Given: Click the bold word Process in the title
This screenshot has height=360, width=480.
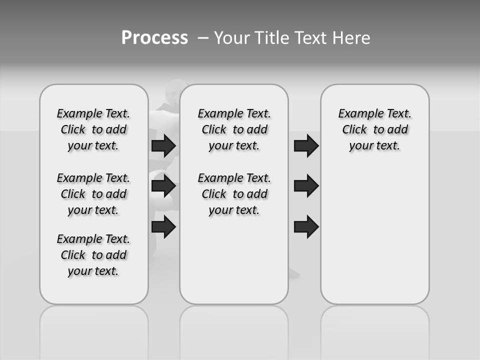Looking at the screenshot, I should (154, 38).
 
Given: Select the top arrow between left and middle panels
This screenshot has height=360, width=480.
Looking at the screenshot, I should (163, 145).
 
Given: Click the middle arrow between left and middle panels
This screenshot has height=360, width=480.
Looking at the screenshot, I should (163, 186).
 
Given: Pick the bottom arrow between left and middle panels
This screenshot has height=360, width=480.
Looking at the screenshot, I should (163, 227).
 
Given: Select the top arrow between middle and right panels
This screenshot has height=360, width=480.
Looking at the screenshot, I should (306, 145).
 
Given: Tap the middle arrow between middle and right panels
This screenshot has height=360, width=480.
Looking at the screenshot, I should (306, 186).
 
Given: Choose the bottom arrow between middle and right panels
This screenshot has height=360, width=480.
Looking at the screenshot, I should (306, 227).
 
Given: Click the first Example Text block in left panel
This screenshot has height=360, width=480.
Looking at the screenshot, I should (93, 129).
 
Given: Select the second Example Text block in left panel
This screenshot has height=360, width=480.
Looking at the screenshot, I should (93, 194).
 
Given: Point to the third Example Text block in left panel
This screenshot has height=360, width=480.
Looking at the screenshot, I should (93, 255).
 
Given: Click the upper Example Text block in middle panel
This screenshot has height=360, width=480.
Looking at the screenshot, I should (234, 129).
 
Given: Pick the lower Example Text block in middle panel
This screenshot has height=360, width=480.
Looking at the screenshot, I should (234, 194).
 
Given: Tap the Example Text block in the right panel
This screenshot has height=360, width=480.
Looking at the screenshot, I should (375, 129).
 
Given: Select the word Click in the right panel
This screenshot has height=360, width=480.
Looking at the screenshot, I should (354, 130).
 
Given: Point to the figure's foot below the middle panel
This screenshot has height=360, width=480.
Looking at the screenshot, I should (293, 273).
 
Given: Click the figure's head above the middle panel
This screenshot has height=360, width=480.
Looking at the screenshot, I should (174, 87).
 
